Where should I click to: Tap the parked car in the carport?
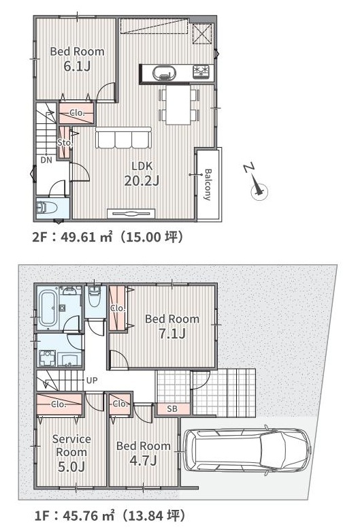247,451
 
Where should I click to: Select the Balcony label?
208,184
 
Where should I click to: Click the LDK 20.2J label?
142,174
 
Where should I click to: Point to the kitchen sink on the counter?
165,73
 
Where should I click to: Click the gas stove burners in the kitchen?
201,72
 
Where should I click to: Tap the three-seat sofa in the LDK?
123,138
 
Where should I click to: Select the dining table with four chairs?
178,105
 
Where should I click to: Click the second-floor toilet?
47,206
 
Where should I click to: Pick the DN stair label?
46,160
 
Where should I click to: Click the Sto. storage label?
65,142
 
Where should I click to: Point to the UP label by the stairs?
91,381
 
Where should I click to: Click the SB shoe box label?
172,409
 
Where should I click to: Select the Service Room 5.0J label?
71,453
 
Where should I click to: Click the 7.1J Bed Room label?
172,327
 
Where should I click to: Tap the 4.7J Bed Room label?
144,453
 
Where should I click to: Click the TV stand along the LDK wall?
131,214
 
